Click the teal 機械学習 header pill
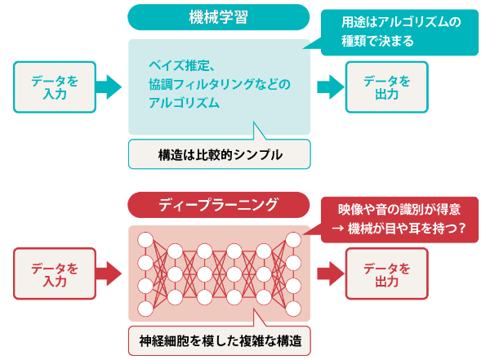point(219,17)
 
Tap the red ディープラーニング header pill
point(219,204)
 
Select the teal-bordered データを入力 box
point(54,86)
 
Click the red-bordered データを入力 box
point(54,273)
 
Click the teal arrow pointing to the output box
point(328,86)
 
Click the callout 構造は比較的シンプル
point(219,153)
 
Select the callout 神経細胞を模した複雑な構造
point(219,341)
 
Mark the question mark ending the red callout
point(462,229)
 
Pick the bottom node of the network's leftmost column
point(145,309)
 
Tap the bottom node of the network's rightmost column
point(292,309)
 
